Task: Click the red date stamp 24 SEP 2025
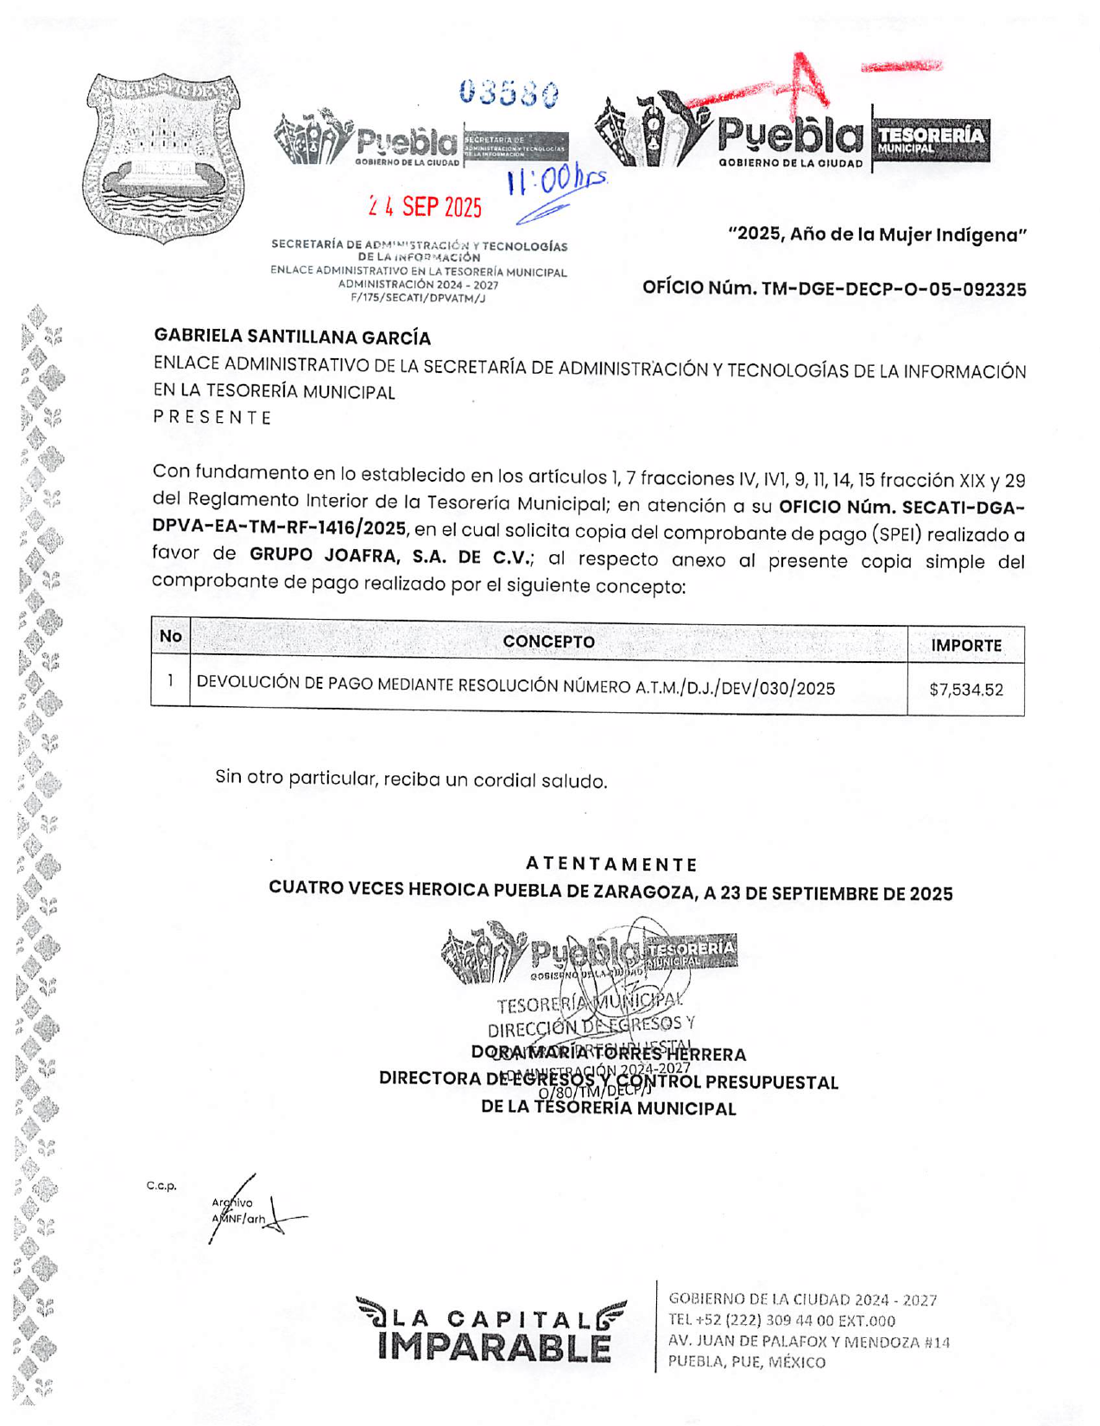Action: tap(425, 207)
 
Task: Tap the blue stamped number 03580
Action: tap(509, 92)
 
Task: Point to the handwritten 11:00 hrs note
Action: tap(557, 182)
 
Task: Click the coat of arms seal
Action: tap(163, 157)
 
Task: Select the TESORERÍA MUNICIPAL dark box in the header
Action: tap(931, 140)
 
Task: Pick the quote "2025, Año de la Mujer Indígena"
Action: tap(877, 235)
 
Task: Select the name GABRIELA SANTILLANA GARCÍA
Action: tap(292, 337)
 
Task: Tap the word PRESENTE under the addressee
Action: tap(212, 418)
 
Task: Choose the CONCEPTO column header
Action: tap(548, 642)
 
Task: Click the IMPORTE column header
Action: tap(965, 646)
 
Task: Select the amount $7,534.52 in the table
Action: tap(965, 690)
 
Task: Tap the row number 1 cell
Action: tap(170, 681)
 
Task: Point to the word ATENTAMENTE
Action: tap(610, 864)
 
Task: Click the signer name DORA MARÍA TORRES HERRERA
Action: tap(609, 1054)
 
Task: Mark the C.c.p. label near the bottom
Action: tap(161, 1186)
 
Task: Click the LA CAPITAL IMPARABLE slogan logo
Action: tap(491, 1331)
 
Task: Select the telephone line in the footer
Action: tap(781, 1321)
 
